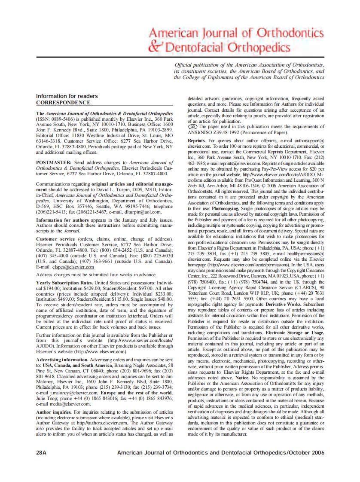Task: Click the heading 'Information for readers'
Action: (x=67, y=96)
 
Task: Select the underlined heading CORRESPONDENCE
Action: (x=63, y=103)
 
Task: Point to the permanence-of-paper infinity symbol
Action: (x=193, y=127)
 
